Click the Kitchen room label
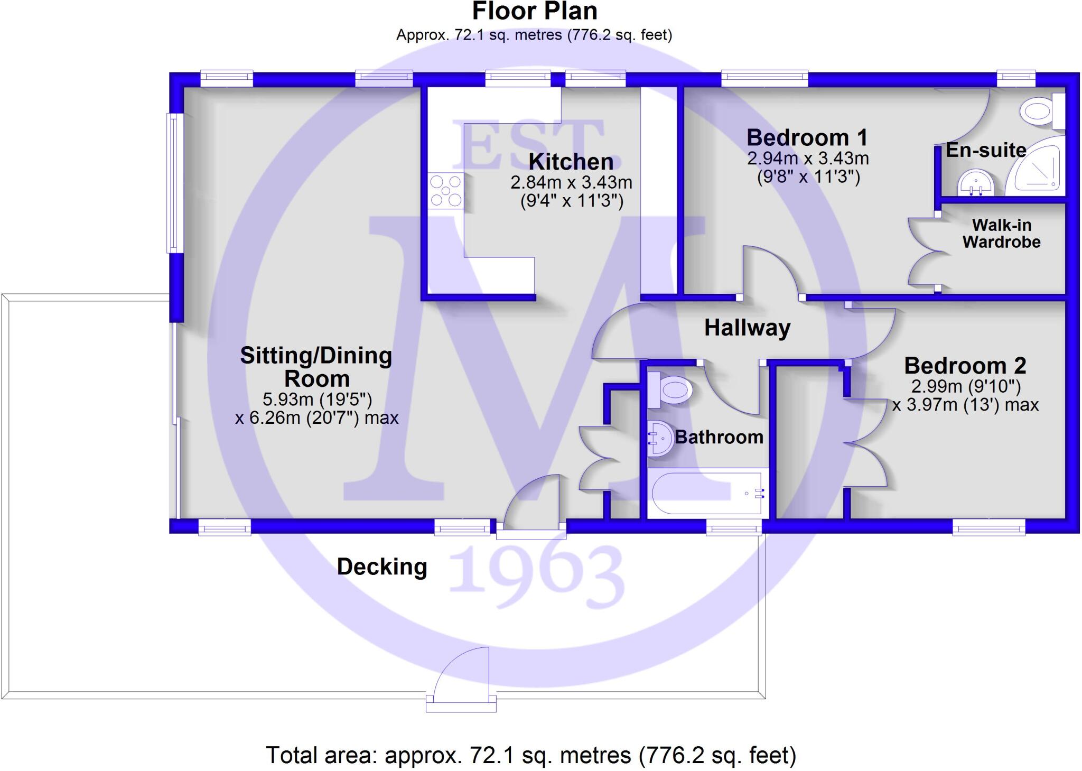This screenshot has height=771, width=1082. pos(571,162)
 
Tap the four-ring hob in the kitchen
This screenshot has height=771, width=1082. pos(446,191)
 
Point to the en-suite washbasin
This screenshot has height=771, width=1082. pos(976,183)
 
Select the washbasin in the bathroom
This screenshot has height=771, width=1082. pos(659,438)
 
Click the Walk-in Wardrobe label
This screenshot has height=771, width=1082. pos(1001,234)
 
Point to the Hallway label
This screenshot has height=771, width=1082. pos(747,328)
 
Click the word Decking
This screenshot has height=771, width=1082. pos(382,567)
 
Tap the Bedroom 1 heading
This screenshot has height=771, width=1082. pos(807,138)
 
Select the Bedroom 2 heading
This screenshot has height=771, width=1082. pos(965,366)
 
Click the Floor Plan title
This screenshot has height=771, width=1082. pos(535,12)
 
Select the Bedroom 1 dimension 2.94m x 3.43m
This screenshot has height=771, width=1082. pos(808,159)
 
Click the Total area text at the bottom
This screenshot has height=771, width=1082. pos(531,755)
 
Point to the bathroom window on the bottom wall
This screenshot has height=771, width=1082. pos(734,527)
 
